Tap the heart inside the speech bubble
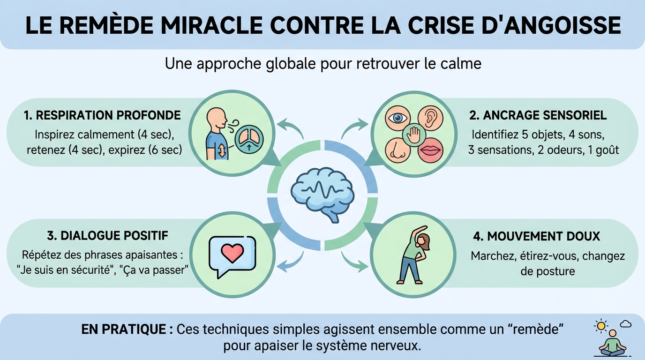click(x=232, y=253)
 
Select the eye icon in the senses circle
click(x=398, y=117)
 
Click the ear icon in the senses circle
click(x=430, y=117)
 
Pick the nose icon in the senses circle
click(x=398, y=150)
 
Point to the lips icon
click(x=430, y=150)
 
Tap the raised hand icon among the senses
click(x=414, y=134)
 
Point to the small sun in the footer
click(x=600, y=325)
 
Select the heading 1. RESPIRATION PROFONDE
click(x=102, y=115)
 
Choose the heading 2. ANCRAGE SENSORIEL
click(x=538, y=115)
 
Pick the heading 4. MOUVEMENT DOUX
click(x=537, y=236)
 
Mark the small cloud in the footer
click(x=625, y=324)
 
